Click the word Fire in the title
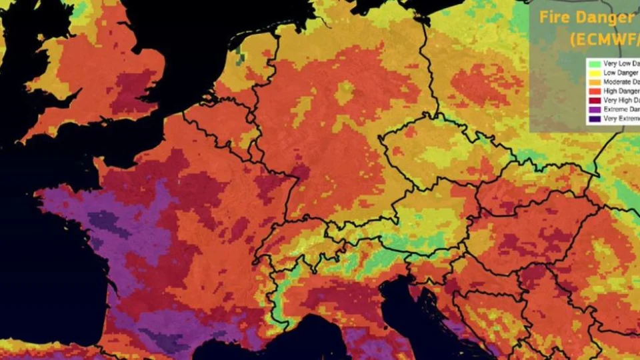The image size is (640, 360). (x=556, y=18)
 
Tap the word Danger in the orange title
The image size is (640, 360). (x=605, y=18)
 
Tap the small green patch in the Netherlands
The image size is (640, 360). (x=240, y=55)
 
